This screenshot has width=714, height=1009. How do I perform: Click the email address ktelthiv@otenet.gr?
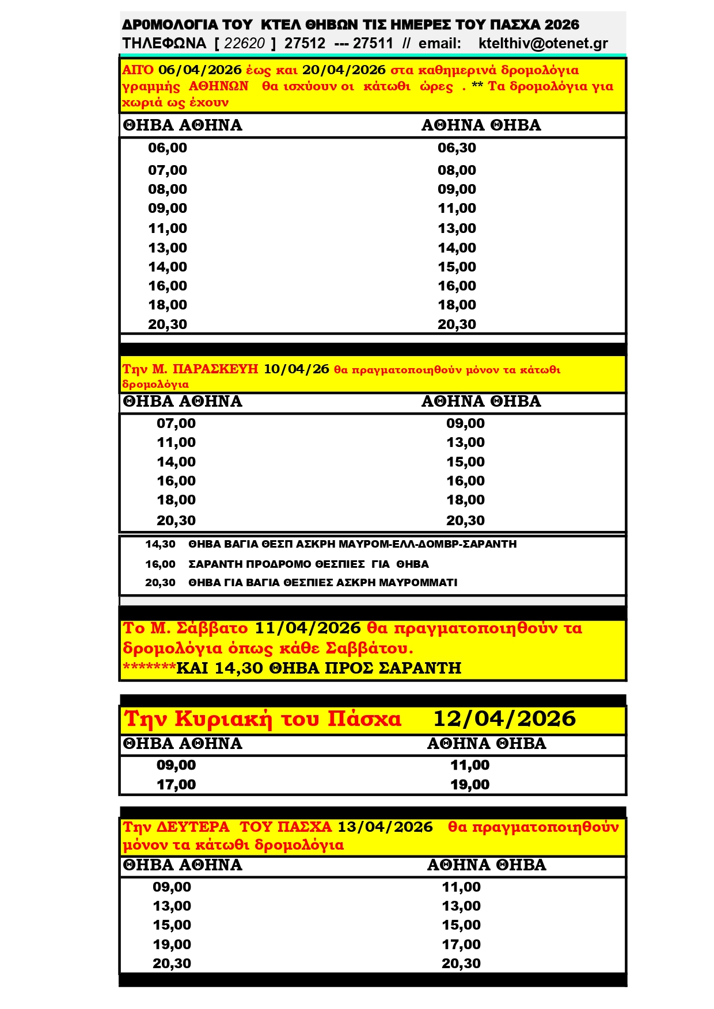click(x=543, y=44)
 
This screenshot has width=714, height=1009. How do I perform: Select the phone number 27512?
click(x=305, y=44)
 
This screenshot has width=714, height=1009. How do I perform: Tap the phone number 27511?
click(x=373, y=44)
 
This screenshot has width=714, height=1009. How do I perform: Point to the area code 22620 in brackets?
click(x=245, y=44)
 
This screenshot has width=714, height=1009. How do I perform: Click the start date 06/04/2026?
click(x=200, y=70)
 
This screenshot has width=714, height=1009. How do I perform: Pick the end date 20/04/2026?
click(x=344, y=70)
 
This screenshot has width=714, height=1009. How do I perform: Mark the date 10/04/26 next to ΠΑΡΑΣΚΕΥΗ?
click(x=297, y=369)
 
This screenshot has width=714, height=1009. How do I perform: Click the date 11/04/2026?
click(x=307, y=628)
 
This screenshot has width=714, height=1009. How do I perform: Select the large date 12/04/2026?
click(x=504, y=718)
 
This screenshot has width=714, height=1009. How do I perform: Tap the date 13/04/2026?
click(x=385, y=827)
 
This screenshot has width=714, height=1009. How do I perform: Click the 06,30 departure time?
click(x=457, y=148)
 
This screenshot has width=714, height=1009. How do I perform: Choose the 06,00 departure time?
click(x=168, y=148)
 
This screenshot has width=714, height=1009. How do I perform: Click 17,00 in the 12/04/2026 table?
click(x=176, y=784)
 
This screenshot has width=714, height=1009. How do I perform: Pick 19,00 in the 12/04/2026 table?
click(x=470, y=784)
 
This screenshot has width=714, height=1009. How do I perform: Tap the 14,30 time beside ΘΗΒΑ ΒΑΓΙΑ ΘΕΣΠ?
click(x=160, y=544)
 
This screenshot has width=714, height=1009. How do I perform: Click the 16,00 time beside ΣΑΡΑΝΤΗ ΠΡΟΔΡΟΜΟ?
click(x=160, y=564)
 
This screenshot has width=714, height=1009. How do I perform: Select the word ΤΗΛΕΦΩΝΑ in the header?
click(x=164, y=44)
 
